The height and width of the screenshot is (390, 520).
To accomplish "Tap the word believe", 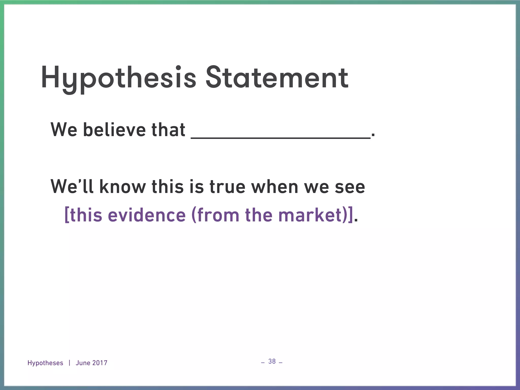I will click(114, 130).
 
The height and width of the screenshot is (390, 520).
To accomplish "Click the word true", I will click(227, 187).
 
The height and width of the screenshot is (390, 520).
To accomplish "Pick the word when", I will click(274, 187).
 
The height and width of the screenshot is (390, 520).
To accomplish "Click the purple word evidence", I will click(147, 215).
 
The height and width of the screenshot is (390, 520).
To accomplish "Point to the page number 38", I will click(272, 361).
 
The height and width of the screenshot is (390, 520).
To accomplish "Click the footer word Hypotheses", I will click(45, 363).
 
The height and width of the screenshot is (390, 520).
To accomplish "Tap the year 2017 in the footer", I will click(100, 363).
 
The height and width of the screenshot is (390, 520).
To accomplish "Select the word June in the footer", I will click(83, 363).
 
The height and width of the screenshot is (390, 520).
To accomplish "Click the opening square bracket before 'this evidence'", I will click(67, 215).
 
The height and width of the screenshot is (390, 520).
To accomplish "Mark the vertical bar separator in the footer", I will click(69, 363).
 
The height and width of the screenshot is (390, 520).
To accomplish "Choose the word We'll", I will click(72, 187).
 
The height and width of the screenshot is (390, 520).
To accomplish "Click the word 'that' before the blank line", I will click(168, 130).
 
